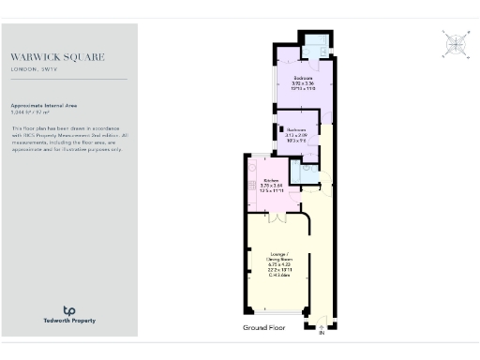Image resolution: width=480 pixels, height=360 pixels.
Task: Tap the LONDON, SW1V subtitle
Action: tap(36, 68)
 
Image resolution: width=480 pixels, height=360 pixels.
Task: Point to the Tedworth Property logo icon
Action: tap(68, 310)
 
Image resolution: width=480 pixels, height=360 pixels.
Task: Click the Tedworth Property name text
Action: tap(68, 322)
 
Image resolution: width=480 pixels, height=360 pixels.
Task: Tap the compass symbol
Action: tap(455, 42)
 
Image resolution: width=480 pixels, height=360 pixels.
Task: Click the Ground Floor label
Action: tap(263, 328)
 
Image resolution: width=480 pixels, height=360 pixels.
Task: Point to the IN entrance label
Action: tap(320, 332)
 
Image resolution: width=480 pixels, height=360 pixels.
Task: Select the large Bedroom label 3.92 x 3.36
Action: tap(303, 82)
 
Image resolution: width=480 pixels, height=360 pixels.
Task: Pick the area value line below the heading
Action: tap(37, 112)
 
